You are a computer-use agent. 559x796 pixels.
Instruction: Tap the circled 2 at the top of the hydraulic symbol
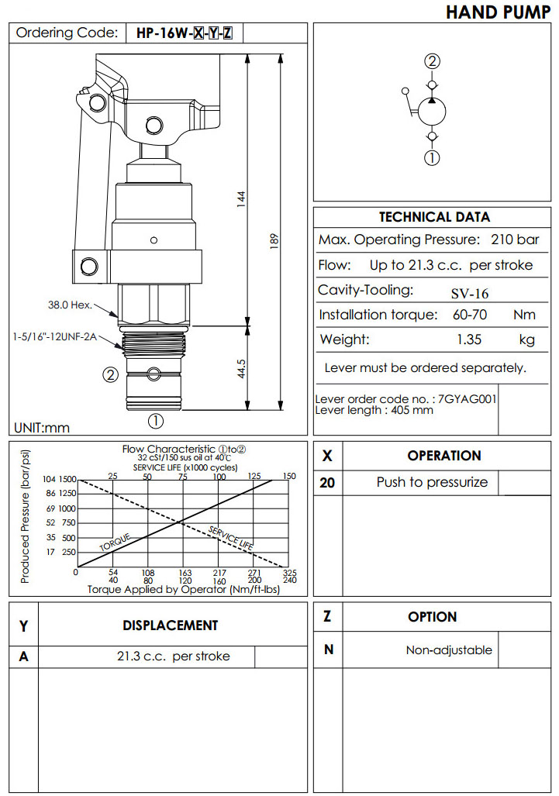click(x=432, y=61)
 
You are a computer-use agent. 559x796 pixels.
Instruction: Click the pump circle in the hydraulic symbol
click(x=432, y=112)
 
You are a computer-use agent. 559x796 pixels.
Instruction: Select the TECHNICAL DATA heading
click(x=434, y=217)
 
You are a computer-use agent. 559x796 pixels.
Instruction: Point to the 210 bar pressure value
click(x=516, y=240)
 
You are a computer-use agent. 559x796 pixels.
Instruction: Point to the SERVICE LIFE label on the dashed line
click(x=231, y=538)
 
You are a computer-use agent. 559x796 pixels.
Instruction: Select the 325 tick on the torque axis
click(x=290, y=573)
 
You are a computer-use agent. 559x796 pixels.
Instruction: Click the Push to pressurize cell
click(x=432, y=482)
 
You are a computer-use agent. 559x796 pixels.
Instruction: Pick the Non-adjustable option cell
click(x=449, y=650)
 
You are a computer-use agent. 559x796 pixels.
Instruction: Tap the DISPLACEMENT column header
click(x=171, y=625)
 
